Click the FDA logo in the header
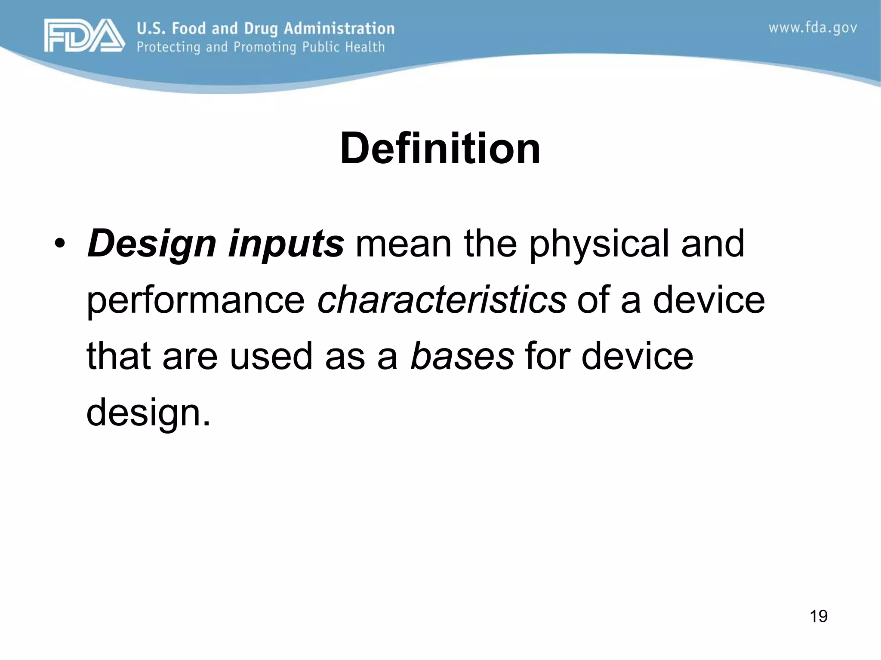tap(84, 35)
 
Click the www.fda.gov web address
tap(813, 28)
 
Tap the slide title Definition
tap(440, 149)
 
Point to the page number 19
tap(818, 616)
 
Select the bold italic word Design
tap(151, 244)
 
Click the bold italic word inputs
tap(286, 244)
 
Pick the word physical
tap(598, 244)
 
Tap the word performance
tap(196, 300)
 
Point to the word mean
tap(403, 244)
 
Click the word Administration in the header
tap(339, 28)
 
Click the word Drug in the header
tap(261, 28)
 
